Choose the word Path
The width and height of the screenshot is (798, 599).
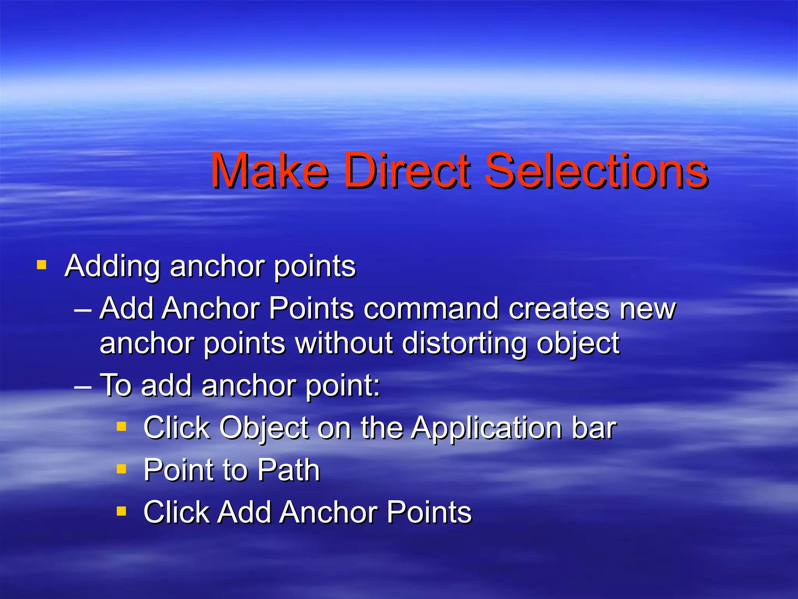coord(288,470)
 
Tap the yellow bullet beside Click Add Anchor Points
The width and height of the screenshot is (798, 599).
coord(121,510)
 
